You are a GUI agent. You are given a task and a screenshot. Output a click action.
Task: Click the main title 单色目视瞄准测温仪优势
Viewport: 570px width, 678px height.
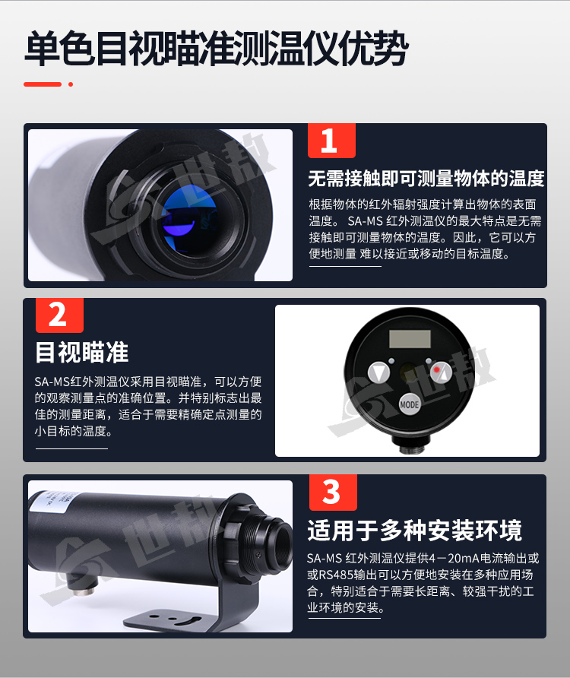[217, 48]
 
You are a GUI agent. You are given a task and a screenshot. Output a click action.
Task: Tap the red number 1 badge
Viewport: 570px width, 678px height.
[331, 141]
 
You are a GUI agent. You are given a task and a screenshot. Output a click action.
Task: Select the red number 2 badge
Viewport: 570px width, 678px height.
[59, 315]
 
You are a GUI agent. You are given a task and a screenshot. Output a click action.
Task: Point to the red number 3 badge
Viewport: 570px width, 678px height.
[333, 492]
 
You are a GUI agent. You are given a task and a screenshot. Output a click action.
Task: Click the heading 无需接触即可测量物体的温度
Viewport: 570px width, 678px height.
[426, 178]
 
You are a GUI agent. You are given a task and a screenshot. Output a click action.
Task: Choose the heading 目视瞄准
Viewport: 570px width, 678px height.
[82, 352]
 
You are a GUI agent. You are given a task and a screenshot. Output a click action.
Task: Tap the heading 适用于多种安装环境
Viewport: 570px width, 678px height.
[415, 530]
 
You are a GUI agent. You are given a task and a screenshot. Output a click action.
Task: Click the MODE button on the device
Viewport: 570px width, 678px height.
[409, 404]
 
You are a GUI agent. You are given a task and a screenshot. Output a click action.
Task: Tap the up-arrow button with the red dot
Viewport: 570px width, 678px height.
[441, 372]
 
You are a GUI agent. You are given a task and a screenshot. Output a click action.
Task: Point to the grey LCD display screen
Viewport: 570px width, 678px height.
[410, 339]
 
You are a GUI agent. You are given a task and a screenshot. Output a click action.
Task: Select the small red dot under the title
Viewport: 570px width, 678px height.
[71, 84]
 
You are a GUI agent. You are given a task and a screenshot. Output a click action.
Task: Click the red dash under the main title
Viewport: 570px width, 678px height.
[43, 84]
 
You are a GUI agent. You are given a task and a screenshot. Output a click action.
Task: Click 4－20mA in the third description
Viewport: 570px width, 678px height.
[455, 559]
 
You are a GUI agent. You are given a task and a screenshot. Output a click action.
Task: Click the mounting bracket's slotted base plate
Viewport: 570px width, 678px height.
[174, 617]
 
